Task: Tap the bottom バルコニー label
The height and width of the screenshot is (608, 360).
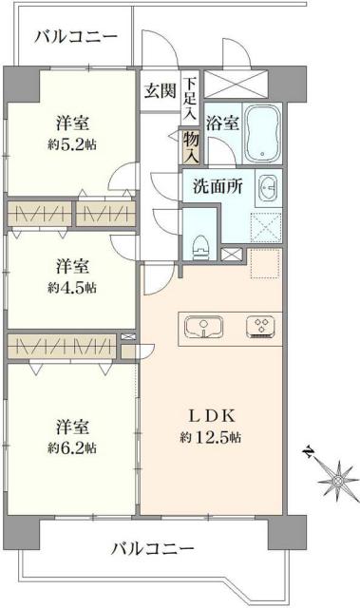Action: point(152,549)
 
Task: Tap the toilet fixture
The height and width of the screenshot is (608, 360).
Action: point(200,244)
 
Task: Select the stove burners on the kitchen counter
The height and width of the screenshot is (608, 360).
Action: point(257,327)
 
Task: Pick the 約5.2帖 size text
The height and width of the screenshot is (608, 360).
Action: point(73,143)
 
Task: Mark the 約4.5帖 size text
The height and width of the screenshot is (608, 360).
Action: point(73,288)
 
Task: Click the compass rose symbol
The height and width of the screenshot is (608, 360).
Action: point(335,481)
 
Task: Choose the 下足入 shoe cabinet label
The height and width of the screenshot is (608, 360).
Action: point(191,98)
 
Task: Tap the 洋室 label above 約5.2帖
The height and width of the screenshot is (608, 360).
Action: point(73,123)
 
